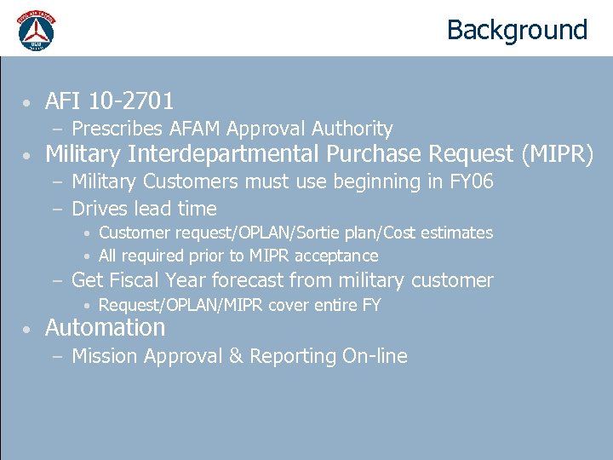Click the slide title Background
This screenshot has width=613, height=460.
click(517, 30)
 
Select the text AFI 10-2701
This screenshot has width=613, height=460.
click(109, 101)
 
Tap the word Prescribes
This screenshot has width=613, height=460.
click(117, 129)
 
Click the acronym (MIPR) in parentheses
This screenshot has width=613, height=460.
click(555, 154)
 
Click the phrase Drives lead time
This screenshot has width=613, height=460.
click(144, 209)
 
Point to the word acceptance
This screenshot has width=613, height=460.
click(336, 256)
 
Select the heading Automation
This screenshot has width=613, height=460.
click(105, 328)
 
